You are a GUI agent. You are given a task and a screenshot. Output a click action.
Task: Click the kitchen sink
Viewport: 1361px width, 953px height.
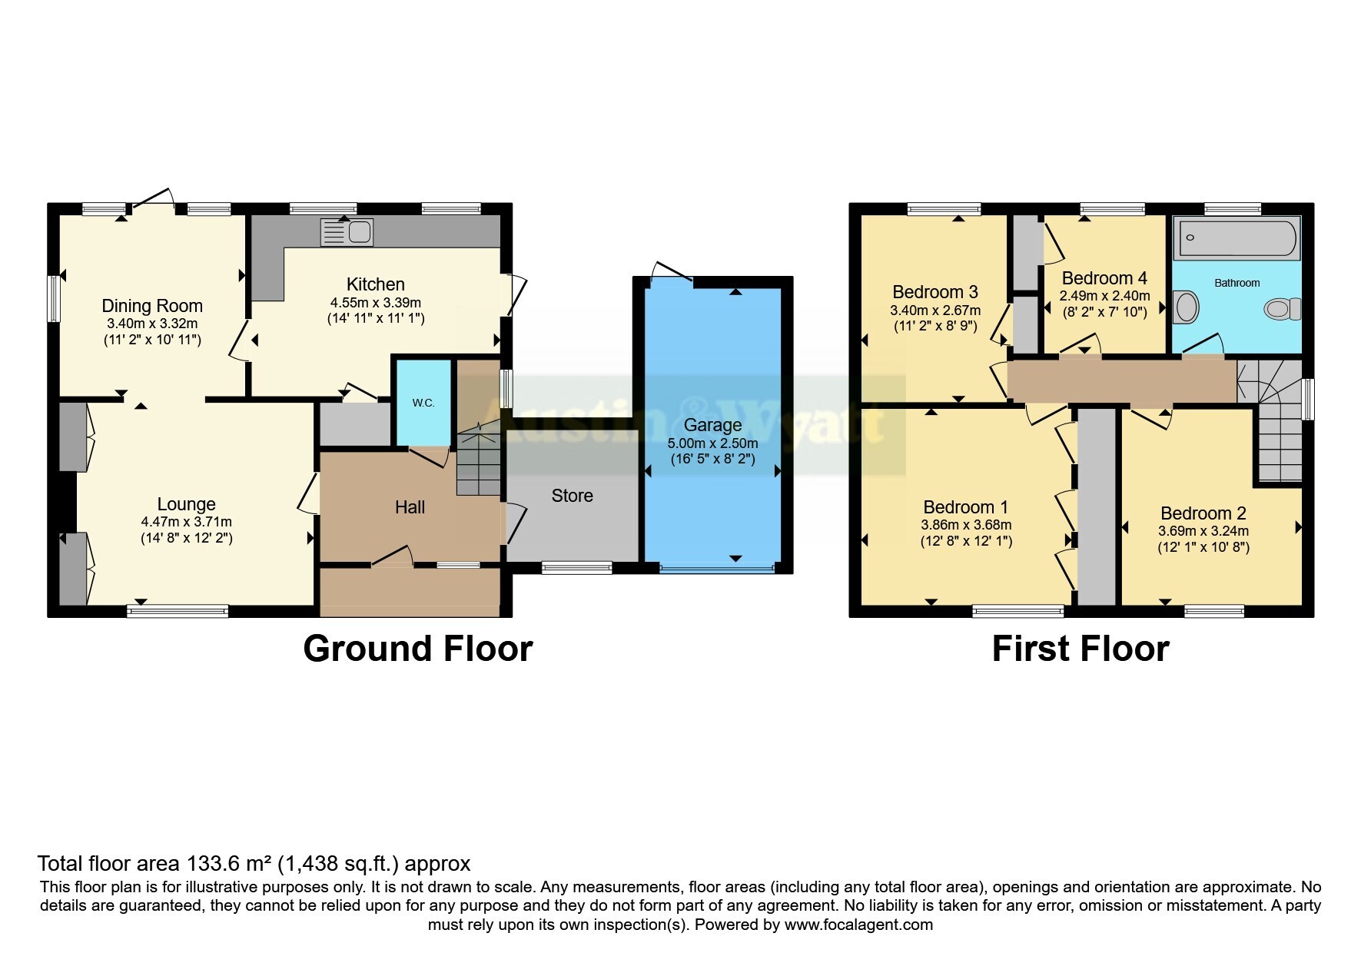[347, 232]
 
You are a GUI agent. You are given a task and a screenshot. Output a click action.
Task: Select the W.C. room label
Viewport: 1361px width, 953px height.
[423, 403]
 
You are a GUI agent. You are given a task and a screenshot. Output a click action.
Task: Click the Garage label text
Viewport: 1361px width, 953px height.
[712, 425]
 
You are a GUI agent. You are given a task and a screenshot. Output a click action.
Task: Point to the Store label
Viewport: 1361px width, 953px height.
[573, 496]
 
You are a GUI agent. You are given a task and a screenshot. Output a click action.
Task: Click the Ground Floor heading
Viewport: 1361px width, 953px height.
[418, 649]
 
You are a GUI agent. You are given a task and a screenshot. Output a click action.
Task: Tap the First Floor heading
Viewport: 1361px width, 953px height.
[1081, 649]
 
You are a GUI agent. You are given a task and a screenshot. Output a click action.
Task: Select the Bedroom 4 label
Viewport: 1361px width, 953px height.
[1104, 278]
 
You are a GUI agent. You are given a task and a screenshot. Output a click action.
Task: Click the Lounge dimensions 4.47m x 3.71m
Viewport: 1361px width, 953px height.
[187, 522]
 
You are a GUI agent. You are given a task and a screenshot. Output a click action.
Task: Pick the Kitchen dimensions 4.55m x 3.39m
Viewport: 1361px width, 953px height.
[376, 302]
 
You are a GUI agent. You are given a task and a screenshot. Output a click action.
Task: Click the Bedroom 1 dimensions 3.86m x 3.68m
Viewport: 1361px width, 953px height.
[966, 525]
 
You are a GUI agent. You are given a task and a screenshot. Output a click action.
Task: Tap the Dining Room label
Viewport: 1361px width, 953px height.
[152, 306]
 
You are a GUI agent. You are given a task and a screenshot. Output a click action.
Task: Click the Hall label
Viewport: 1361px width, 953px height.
[410, 507]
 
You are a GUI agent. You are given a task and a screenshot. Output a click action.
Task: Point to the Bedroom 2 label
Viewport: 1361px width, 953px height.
[1203, 513]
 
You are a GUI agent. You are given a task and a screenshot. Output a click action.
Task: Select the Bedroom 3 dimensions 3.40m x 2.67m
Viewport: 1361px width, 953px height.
[935, 310]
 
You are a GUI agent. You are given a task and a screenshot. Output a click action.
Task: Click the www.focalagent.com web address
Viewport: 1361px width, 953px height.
[858, 925]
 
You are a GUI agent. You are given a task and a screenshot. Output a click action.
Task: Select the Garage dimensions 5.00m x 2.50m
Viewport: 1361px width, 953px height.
[712, 443]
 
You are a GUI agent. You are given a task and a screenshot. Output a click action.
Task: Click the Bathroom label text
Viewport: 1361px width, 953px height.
[1237, 283]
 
